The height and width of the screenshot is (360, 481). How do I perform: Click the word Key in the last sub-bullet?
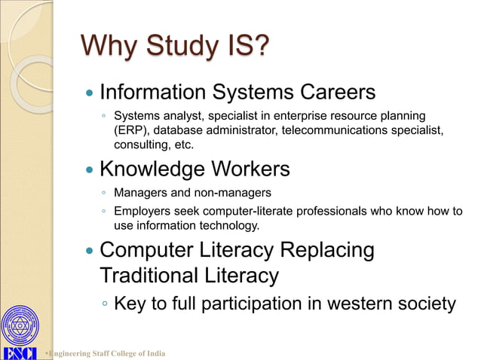point(129,304)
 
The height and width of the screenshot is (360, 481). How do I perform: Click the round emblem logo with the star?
point(20,326)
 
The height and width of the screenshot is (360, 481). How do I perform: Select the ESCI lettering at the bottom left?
point(20,353)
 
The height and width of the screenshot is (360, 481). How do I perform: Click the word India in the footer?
point(155,354)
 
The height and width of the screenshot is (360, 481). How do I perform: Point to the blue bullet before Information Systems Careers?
point(90,94)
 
